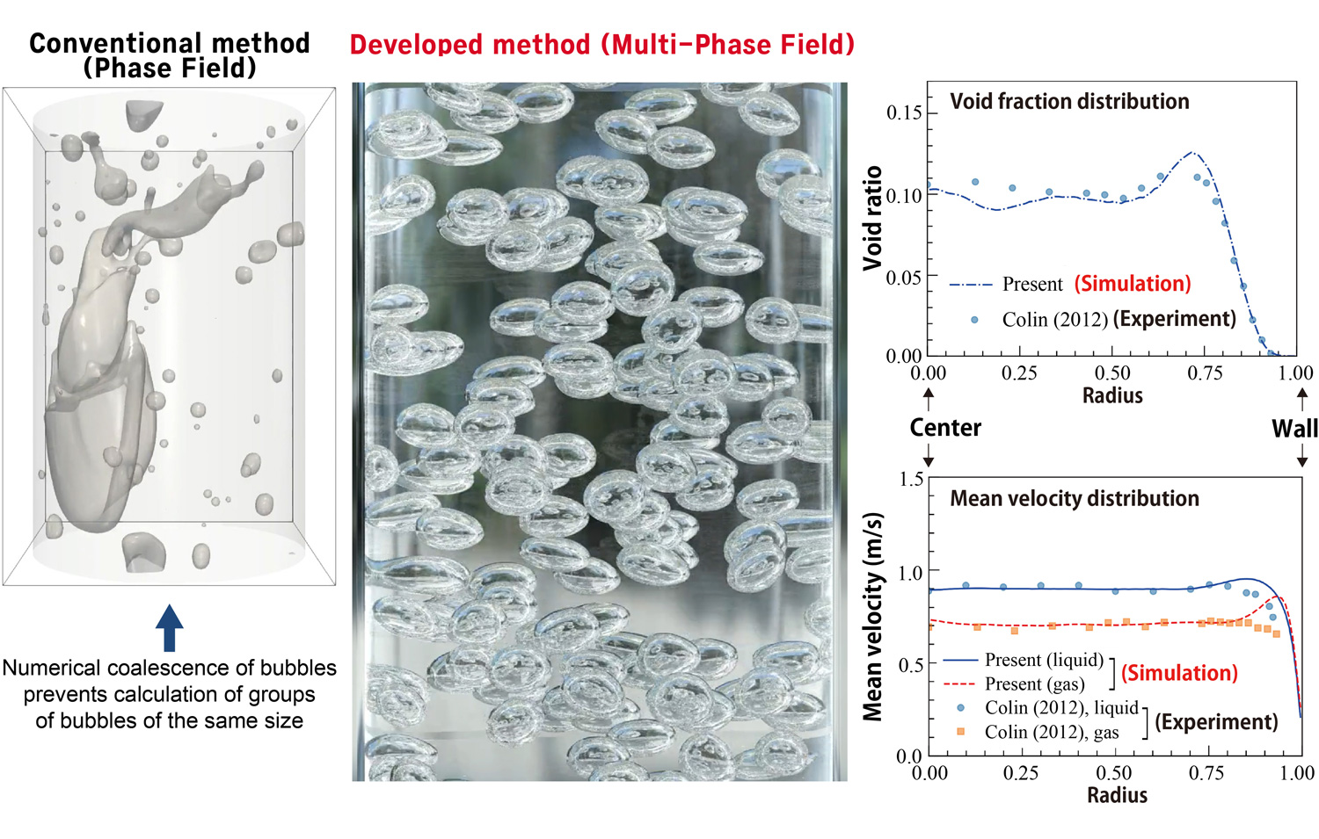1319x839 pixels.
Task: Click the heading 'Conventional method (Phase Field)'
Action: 169,54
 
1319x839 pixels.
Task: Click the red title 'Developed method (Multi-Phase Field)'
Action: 601,44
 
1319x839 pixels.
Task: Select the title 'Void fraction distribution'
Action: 1069,101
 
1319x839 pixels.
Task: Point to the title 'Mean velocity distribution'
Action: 1074,498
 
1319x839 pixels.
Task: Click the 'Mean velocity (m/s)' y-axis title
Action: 872,618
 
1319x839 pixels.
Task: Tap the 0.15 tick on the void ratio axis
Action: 904,112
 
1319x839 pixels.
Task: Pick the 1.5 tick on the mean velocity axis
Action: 911,479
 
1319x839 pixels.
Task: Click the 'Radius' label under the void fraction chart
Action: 1112,395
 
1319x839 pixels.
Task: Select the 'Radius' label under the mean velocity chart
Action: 1117,795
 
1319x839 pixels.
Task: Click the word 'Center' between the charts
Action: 944,428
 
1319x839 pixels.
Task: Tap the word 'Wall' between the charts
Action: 1294,428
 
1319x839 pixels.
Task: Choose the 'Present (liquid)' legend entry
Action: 1043,660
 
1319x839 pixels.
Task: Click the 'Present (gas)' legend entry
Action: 1034,683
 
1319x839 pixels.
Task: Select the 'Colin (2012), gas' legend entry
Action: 1052,732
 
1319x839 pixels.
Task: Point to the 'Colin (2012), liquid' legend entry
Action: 1060,707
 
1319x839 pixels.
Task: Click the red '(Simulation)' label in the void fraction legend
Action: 1133,284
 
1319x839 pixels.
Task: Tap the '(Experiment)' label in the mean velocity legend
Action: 1216,721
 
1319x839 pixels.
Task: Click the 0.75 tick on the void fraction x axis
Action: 1205,373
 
